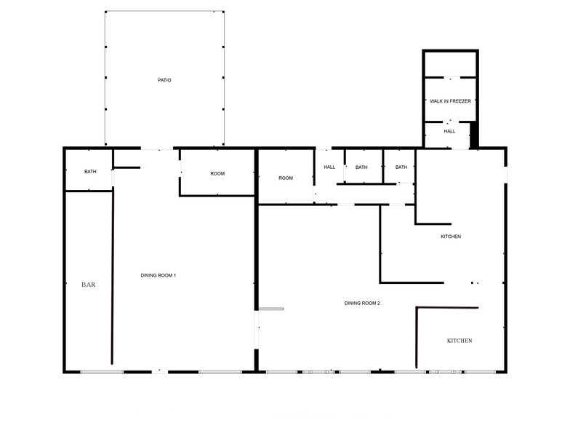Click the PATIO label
coord(164,80)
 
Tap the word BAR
coord(88,285)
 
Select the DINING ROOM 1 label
coord(158,275)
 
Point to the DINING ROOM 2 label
coord(363,303)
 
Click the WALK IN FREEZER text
coord(450,101)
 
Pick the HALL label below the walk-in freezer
coord(450,132)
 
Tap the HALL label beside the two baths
coord(329,167)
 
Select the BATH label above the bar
coord(90,172)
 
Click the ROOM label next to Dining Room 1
coord(217,173)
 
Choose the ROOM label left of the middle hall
coord(286,178)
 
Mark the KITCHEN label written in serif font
coord(459,341)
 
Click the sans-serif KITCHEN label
coord(451,237)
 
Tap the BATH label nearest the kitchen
coord(401,167)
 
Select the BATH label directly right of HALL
coord(361,167)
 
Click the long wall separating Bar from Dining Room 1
coord(112,277)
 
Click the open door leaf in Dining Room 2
coord(270,309)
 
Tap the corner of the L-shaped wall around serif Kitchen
coord(417,309)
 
